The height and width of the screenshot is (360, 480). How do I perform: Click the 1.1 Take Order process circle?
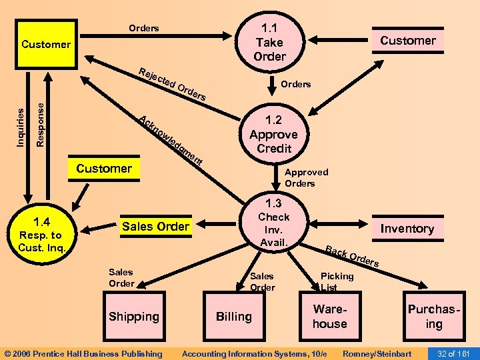pyautogui.click(x=269, y=41)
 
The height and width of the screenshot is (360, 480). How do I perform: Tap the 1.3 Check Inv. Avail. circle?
pyautogui.click(x=274, y=223)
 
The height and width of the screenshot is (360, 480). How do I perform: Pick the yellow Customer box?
pyautogui.click(x=46, y=45)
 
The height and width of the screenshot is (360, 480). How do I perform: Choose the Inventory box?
pyautogui.click(x=407, y=229)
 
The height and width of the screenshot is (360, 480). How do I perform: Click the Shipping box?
pyautogui.click(x=134, y=316)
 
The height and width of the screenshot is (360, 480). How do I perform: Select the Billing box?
pyautogui.click(x=233, y=316)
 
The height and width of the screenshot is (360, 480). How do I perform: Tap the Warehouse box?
pyautogui.click(x=330, y=316)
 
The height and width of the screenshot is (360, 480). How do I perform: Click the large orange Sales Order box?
pyautogui.click(x=155, y=227)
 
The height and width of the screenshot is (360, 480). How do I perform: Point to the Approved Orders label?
pyautogui.click(x=306, y=177)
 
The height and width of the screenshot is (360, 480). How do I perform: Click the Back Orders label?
pyautogui.click(x=352, y=257)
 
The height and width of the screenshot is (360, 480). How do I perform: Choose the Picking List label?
pyautogui.click(x=337, y=281)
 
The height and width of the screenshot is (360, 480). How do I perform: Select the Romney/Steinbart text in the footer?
pyautogui.click(x=376, y=353)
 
